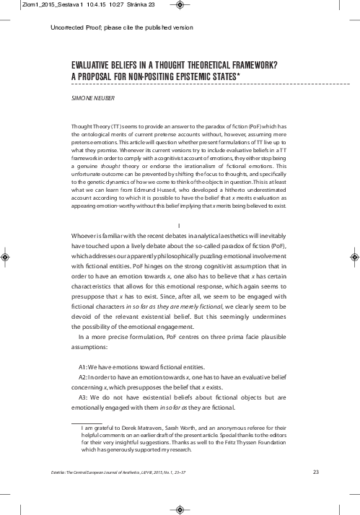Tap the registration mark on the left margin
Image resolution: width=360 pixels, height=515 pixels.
pyautogui.click(x=7, y=256)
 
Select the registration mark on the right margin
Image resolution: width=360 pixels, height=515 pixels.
pyautogui.click(x=353, y=256)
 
